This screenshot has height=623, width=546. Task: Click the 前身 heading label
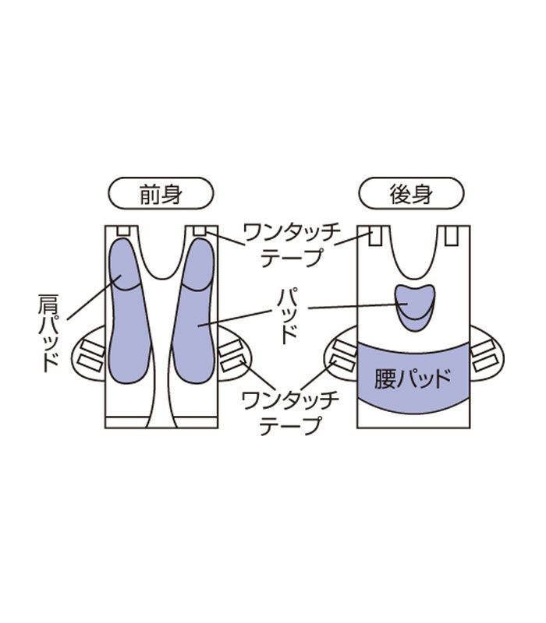click(160, 195)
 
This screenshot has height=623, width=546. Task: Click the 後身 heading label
click(411, 195)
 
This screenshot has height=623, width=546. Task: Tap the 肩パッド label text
click(48, 331)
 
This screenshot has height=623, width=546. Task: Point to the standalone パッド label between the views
click(288, 315)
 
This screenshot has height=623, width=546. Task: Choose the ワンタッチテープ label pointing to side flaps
click(280, 413)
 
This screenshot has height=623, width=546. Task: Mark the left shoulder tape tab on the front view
click(121, 231)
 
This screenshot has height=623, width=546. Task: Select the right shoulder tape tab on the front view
click(200, 231)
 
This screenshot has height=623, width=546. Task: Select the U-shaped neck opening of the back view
click(414, 249)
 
